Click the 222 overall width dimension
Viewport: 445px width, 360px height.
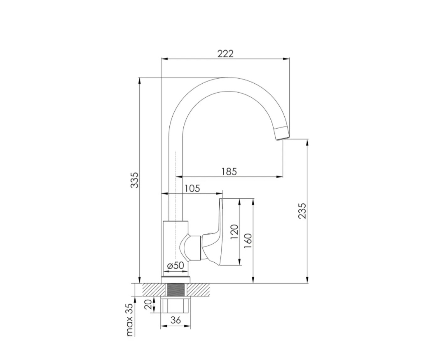tap(225, 54)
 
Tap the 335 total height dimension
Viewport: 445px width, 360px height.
tap(135, 180)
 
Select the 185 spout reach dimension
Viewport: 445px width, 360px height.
tap(229, 172)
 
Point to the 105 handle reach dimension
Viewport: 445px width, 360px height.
tap(192, 188)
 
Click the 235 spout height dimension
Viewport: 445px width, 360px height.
tap(302, 211)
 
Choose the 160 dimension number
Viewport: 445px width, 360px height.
tap(248, 241)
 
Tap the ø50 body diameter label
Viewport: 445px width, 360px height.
tap(176, 266)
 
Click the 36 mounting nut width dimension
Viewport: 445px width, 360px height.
tap(176, 320)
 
